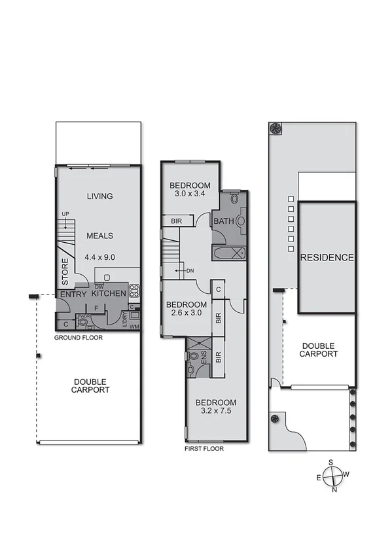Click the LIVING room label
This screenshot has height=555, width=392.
tap(99, 196)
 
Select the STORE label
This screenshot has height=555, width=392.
tap(65, 272)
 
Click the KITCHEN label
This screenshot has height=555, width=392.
tap(109, 294)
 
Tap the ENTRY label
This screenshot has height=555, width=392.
tap(73, 295)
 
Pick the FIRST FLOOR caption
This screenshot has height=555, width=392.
tap(205, 449)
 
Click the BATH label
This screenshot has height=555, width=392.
tap(223, 222)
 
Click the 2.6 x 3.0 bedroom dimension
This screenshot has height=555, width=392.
tap(186, 313)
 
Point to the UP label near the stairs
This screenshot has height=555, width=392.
tap(65, 214)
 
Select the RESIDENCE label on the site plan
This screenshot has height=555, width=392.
tap(327, 257)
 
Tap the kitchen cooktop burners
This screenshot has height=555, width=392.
tap(135, 290)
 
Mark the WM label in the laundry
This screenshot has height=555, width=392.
tap(135, 326)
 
